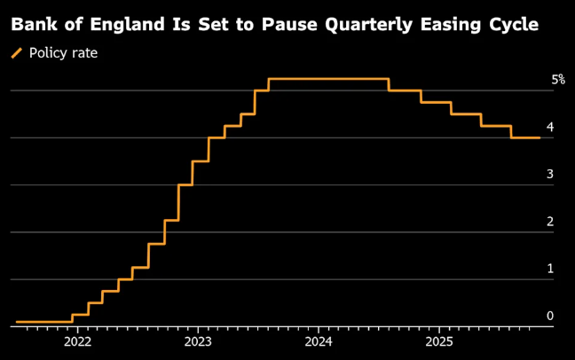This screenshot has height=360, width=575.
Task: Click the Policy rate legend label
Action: coord(63,53)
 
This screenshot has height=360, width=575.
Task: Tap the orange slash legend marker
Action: coord(17,53)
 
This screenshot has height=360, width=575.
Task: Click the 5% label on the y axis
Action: coord(558,80)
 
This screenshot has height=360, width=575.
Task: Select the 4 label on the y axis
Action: coord(550,127)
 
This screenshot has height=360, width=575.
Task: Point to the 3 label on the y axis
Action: coord(550,174)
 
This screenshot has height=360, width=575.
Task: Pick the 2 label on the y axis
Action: coord(550,221)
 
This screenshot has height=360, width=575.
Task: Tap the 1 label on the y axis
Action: coord(550,268)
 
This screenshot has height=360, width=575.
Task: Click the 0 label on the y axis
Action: coord(550,315)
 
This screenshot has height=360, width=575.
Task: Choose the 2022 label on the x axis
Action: coord(78,341)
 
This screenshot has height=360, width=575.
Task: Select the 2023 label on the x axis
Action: coord(198,341)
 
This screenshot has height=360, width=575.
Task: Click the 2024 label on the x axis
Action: coord(319,341)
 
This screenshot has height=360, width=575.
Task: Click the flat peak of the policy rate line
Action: coord(328,79)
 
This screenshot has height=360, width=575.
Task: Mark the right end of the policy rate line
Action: coord(540,137)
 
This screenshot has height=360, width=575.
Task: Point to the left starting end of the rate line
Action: coord(17,322)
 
